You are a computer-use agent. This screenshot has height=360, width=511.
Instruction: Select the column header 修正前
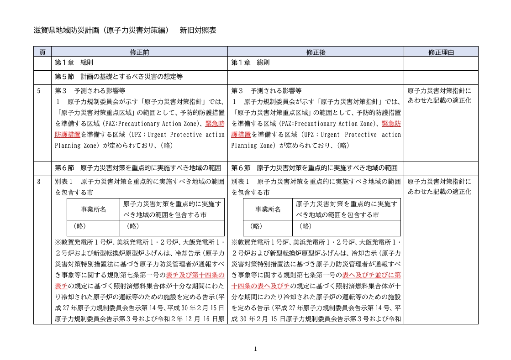pyautogui.click(x=139, y=52)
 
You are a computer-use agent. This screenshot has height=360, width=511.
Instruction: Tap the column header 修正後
pyautogui.click(x=316, y=52)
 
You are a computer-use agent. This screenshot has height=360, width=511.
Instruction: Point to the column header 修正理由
pyautogui.click(x=441, y=52)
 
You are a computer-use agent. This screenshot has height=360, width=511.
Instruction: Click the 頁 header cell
pyautogui.click(x=42, y=52)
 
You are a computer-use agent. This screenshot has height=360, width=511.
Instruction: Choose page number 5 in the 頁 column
pyautogui.click(x=39, y=91)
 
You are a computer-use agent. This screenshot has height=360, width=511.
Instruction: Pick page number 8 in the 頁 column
pyautogui.click(x=39, y=182)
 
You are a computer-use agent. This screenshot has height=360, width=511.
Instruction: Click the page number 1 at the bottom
pyautogui.click(x=255, y=349)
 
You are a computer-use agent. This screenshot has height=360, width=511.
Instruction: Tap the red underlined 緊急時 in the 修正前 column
pyautogui.click(x=215, y=124)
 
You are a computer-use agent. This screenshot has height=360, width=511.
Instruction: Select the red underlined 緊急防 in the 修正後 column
pyautogui.click(x=391, y=124)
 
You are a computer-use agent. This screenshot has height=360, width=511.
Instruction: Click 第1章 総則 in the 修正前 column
pyautogui.click(x=74, y=63)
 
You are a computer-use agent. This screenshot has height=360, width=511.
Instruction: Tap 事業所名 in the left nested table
pyautogui.click(x=94, y=209)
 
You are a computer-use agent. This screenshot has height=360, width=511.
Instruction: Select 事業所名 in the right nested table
pyautogui.click(x=268, y=209)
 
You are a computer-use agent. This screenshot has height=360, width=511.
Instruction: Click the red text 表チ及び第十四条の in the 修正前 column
pyautogui.click(x=195, y=275)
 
